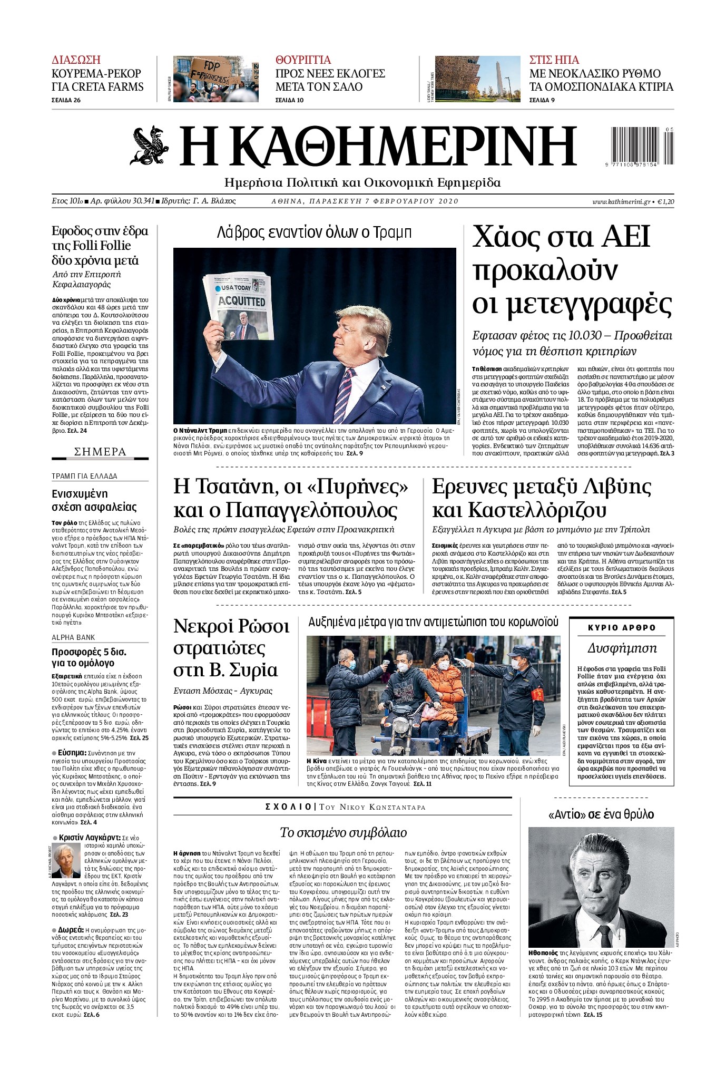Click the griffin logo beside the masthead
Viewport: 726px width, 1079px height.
[x=149, y=145]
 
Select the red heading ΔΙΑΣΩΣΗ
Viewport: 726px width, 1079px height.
[x=76, y=60]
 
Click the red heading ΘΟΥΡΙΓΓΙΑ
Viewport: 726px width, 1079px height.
[x=303, y=60]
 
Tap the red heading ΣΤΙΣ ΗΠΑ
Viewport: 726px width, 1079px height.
[x=554, y=60]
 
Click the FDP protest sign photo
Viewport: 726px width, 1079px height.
[x=216, y=79]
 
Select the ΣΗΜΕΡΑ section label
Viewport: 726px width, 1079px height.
[x=100, y=452]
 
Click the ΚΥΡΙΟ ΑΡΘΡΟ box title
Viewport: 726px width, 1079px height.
[x=622, y=628]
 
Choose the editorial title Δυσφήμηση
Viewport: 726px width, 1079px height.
[x=622, y=648]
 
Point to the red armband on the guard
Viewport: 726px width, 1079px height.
[x=537, y=707]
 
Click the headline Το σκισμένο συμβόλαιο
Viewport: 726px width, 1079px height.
[x=343, y=832]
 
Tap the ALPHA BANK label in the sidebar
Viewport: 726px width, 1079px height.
[x=73, y=637]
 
